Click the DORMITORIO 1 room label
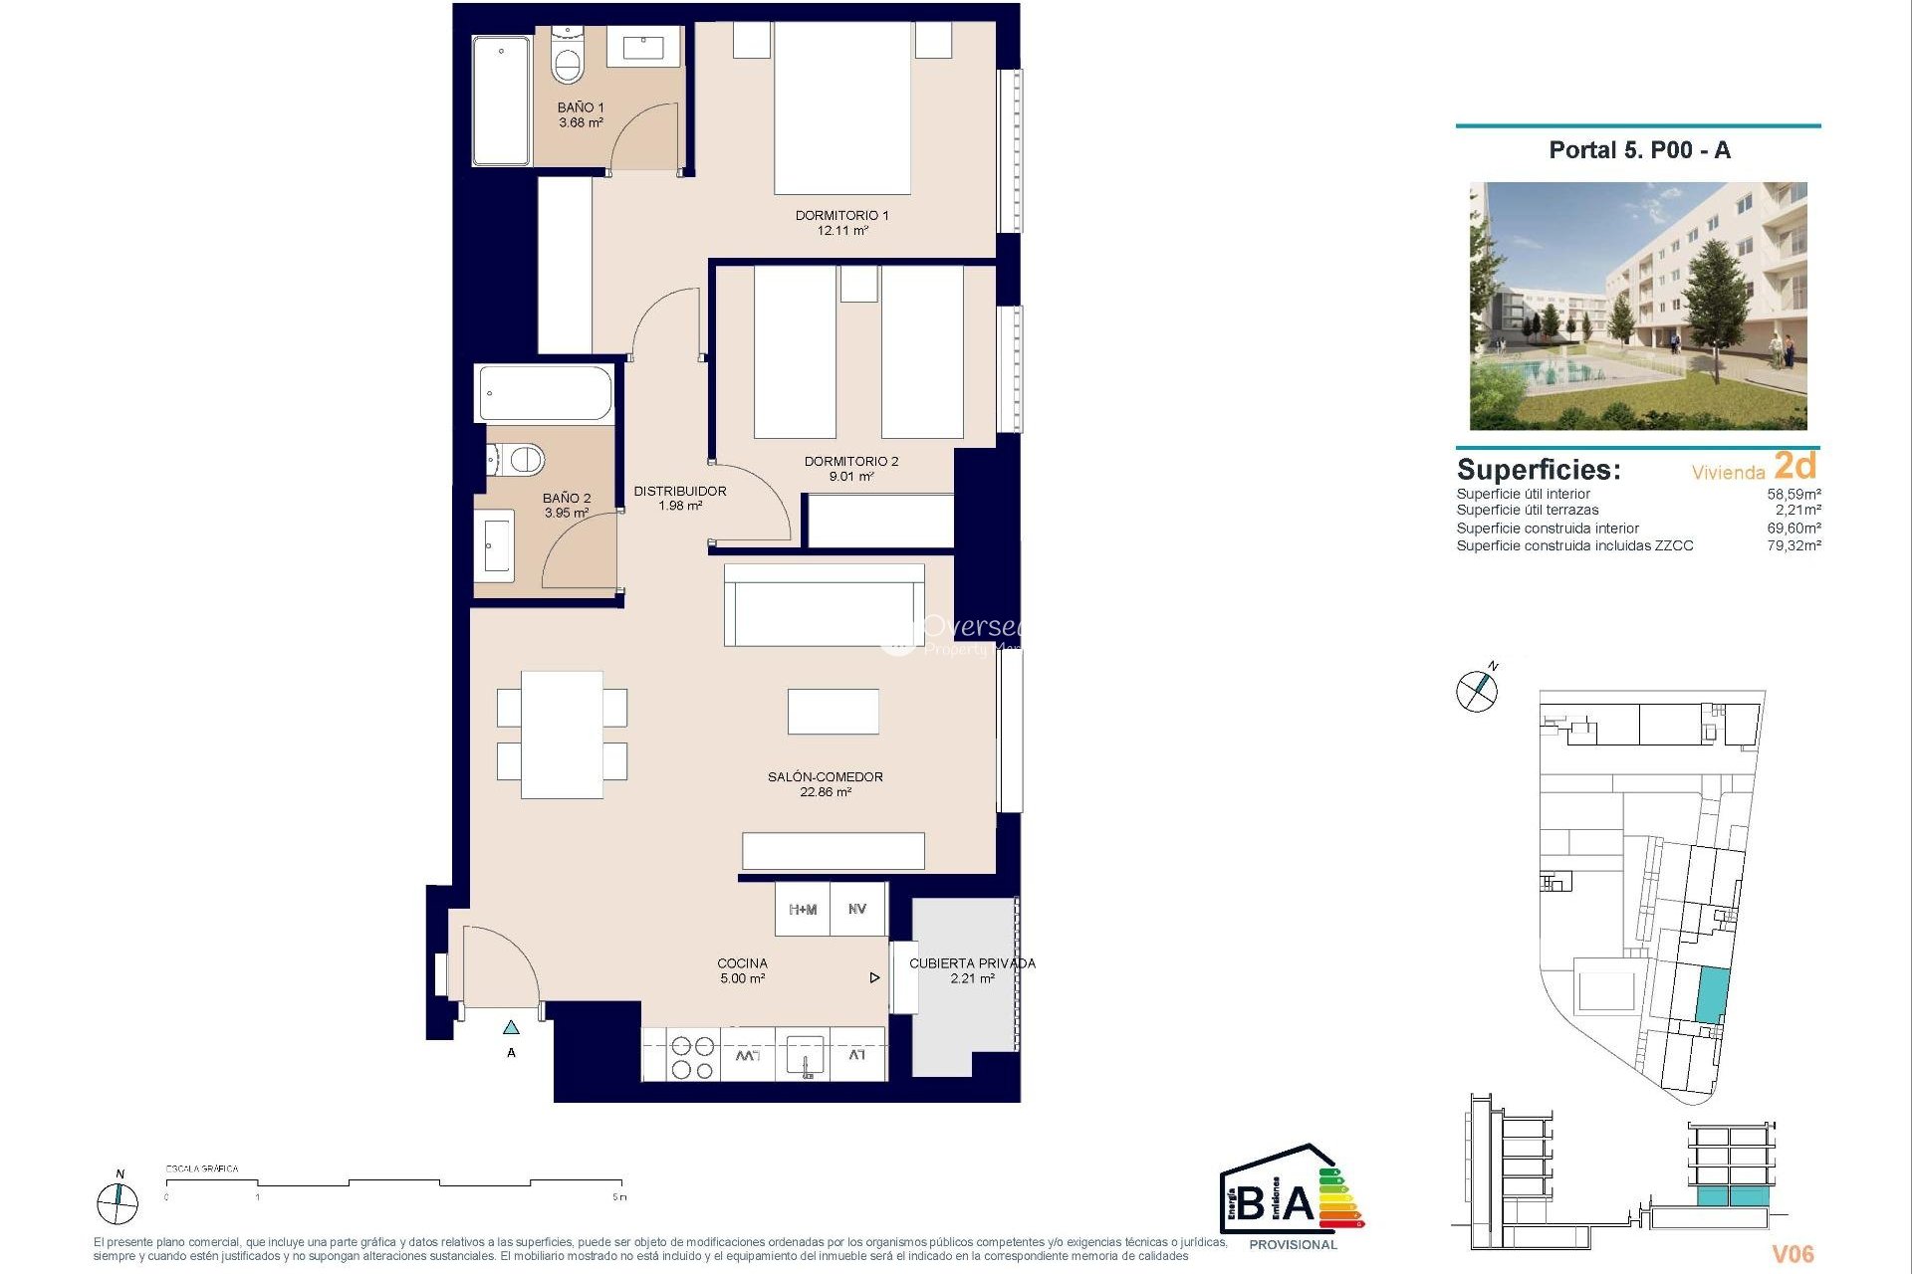[841, 215]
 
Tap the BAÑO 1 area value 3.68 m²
[581, 123]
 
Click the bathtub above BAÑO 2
[545, 393]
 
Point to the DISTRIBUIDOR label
[680, 491]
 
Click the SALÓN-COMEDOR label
[825, 776]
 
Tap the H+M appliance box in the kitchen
[803, 910]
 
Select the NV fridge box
[857, 910]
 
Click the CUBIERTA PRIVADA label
[972, 963]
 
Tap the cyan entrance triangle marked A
[511, 1027]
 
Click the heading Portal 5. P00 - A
[1639, 150]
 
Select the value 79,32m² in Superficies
[1793, 545]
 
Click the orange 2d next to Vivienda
[1795, 466]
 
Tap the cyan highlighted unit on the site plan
[1712, 995]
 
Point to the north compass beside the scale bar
[118, 1203]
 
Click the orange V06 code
[1792, 1254]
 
